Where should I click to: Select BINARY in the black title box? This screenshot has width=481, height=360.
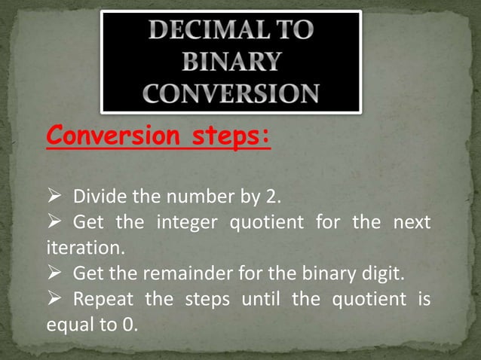[x=231, y=61]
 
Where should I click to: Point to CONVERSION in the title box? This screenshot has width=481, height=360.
[x=231, y=93]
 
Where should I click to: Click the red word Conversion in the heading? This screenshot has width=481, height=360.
[x=107, y=137]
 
